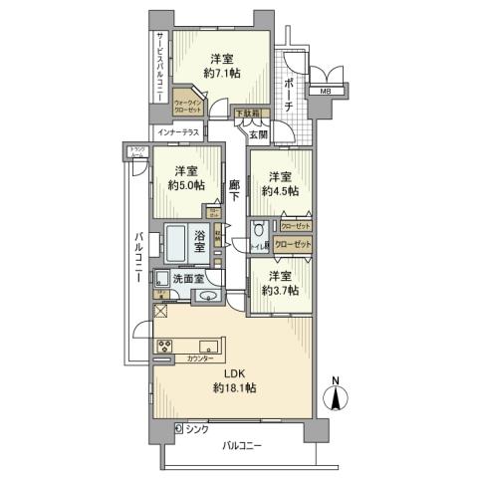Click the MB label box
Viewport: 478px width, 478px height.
click(x=325, y=93)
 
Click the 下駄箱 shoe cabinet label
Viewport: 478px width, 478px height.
click(x=247, y=114)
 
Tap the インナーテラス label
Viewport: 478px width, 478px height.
click(x=175, y=132)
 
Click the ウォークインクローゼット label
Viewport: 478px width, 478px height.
click(x=187, y=106)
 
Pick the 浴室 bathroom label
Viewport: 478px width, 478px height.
click(x=200, y=240)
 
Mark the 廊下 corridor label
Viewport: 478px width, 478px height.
click(x=234, y=192)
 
